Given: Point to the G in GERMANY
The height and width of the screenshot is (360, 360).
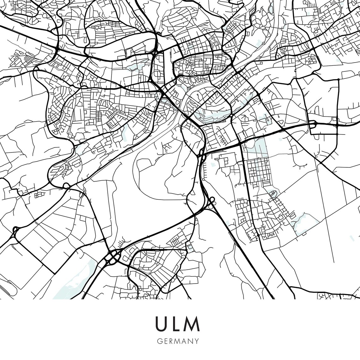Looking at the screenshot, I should (x=158, y=341).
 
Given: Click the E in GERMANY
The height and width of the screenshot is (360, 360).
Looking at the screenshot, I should (x=164, y=341).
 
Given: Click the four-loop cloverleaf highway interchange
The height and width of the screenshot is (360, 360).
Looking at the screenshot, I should (x=113, y=257).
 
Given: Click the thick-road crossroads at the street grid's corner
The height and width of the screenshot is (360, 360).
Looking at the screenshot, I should (x=241, y=143).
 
